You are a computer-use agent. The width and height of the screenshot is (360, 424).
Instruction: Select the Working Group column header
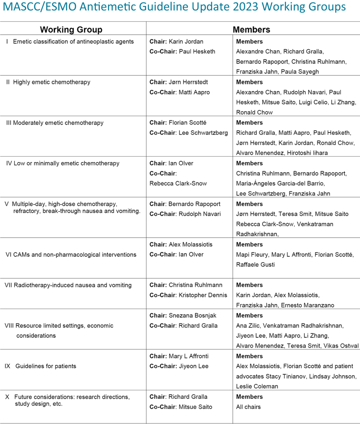click(71, 30)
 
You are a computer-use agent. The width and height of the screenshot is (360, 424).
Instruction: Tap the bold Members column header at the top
click(251, 30)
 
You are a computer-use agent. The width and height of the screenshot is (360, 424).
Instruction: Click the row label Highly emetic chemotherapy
click(52, 82)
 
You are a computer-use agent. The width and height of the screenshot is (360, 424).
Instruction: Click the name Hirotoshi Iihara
click(307, 153)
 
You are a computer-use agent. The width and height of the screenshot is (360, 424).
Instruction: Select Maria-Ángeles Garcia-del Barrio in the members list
click(280, 183)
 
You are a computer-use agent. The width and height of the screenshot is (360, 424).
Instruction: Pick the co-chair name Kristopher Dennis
click(203, 295)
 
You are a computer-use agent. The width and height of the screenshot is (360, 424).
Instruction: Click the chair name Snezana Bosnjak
click(192, 316)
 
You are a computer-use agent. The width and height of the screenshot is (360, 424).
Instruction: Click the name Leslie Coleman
click(257, 386)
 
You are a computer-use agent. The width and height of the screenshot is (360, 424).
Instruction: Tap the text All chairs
click(248, 407)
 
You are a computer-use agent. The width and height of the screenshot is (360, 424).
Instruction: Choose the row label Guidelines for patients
click(46, 366)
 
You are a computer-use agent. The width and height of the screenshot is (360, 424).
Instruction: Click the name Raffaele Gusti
click(255, 265)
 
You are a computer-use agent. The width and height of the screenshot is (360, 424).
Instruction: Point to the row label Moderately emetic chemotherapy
click(58, 123)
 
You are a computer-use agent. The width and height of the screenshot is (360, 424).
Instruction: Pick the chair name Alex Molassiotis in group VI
click(190, 245)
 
